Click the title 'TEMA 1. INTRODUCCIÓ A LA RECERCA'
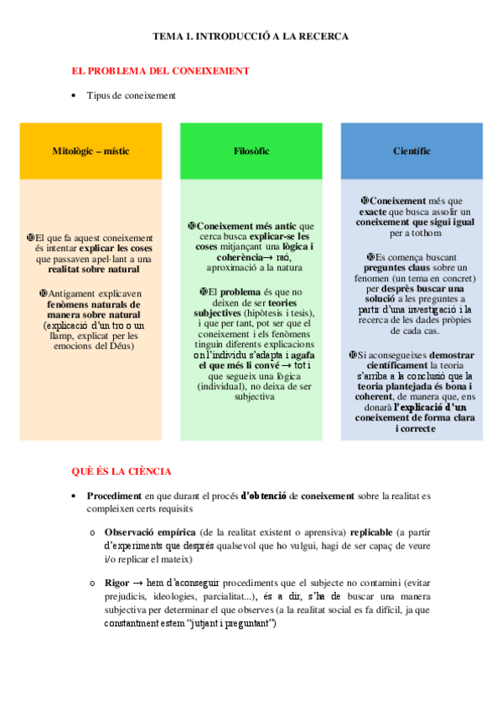251,37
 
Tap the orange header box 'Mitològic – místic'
91,152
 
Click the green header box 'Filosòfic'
251,152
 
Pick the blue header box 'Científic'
411,152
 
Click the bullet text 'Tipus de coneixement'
132,95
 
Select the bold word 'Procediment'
115,496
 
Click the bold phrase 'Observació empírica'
150,532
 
